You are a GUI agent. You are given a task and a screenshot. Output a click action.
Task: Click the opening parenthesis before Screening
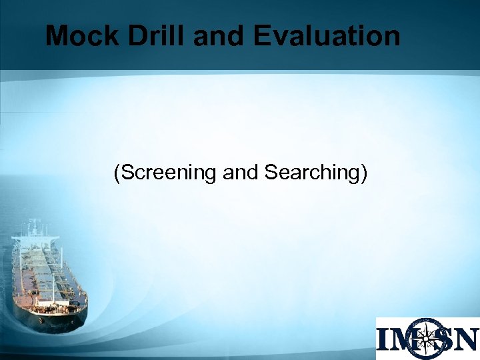[117, 173]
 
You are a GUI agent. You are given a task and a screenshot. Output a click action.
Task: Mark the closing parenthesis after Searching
[364, 173]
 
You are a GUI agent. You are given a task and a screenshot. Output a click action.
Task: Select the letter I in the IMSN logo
[385, 339]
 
